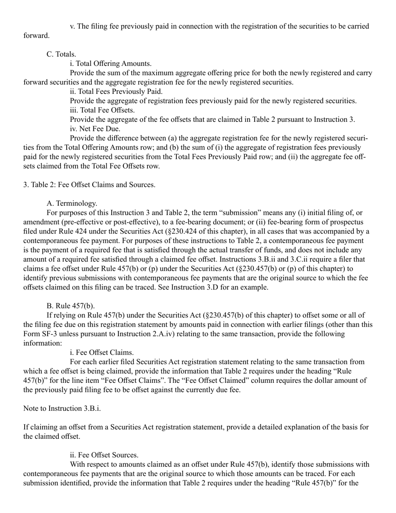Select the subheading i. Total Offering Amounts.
tap(110, 63)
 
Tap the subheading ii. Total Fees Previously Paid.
tap(116, 91)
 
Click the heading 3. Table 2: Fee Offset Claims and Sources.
tap(89, 185)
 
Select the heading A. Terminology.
tap(72, 203)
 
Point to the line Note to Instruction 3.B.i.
tap(62, 408)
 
